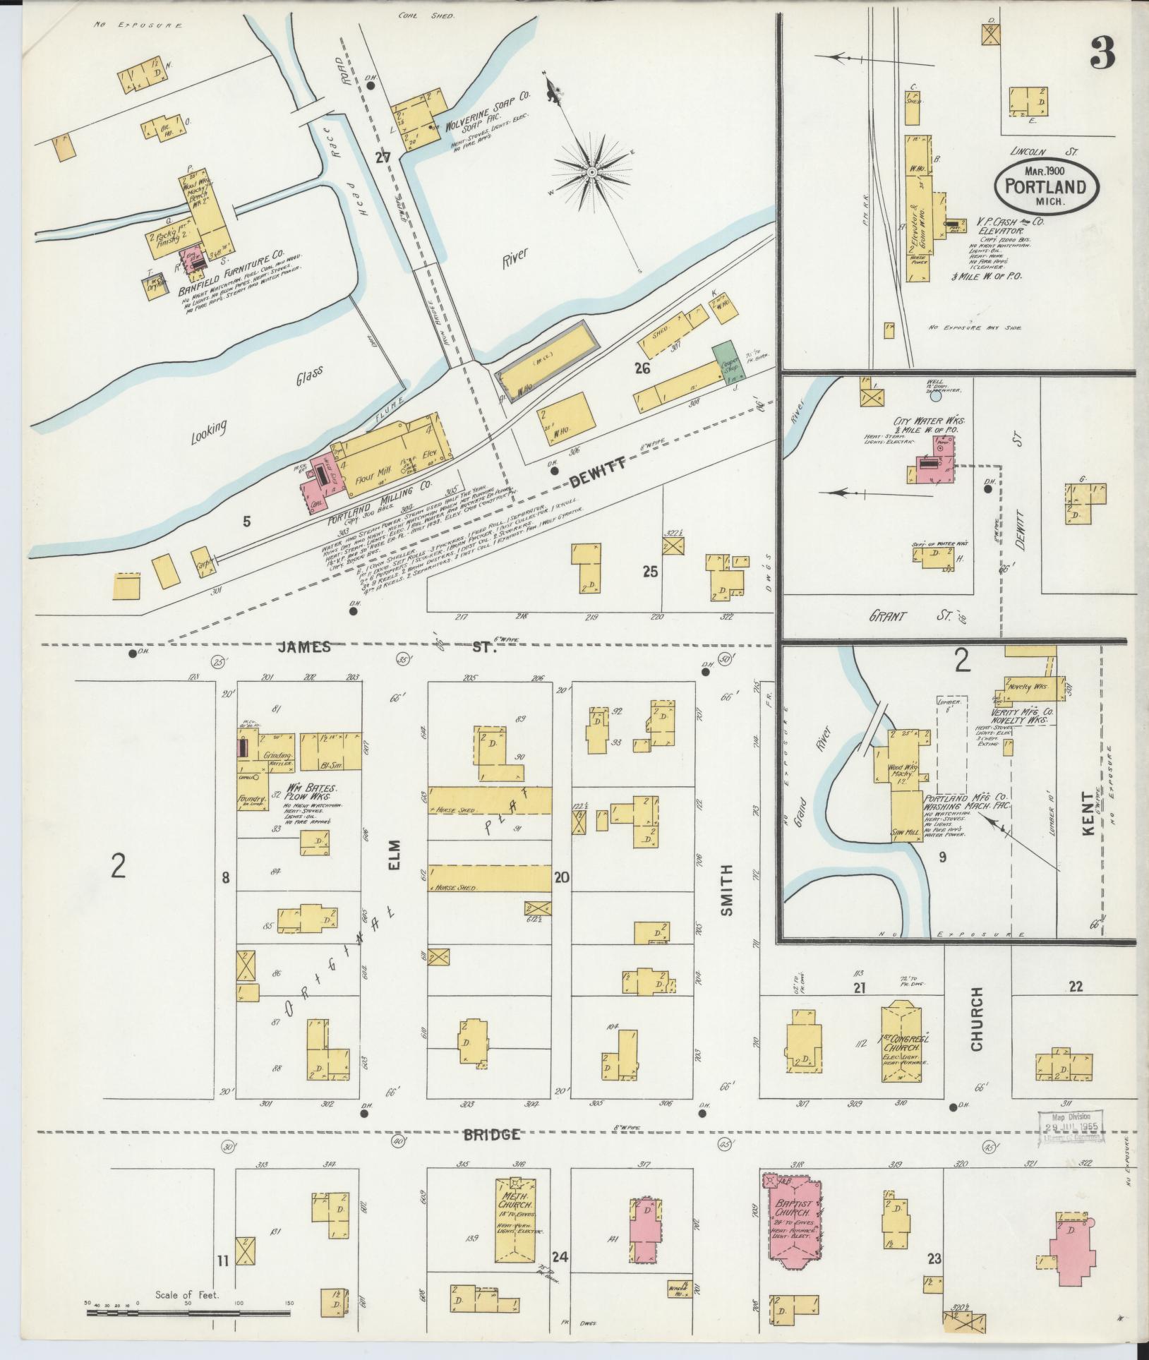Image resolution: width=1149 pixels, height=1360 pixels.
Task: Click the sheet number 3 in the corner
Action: click(1102, 52)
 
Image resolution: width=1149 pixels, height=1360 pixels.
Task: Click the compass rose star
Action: click(594, 171)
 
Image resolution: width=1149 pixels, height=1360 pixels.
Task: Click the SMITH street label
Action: click(727, 890)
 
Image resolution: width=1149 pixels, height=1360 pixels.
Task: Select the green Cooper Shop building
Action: click(723, 362)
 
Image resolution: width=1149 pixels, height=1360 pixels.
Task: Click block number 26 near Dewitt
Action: click(642, 368)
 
